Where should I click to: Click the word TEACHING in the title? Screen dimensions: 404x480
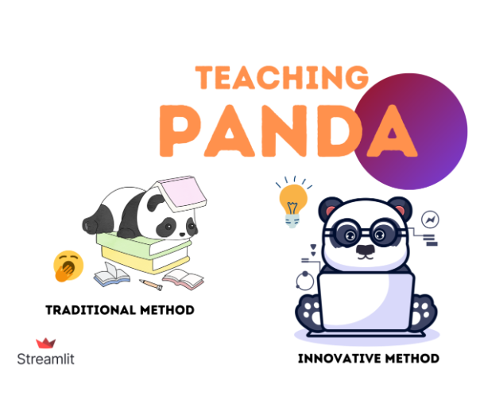(x=282, y=78)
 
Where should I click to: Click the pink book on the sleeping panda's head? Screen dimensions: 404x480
(x=179, y=194)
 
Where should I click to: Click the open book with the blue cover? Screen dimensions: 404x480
(x=110, y=276)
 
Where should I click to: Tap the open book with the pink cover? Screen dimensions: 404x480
(x=184, y=278)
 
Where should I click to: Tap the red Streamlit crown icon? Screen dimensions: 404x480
(x=45, y=343)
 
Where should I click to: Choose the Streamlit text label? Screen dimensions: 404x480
(x=45, y=359)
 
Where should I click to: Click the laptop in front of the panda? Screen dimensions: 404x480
(x=366, y=294)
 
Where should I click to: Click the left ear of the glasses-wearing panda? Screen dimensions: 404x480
(x=327, y=208)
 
